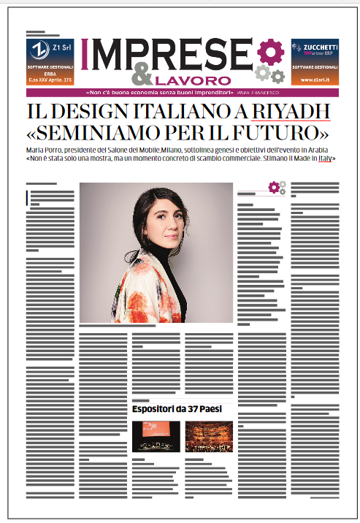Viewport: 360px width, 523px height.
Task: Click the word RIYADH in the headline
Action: (x=291, y=112)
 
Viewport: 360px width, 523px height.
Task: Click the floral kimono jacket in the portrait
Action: (x=142, y=292)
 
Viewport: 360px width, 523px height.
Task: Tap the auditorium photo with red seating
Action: (x=208, y=436)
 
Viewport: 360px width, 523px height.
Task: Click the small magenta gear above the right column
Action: (x=273, y=188)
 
